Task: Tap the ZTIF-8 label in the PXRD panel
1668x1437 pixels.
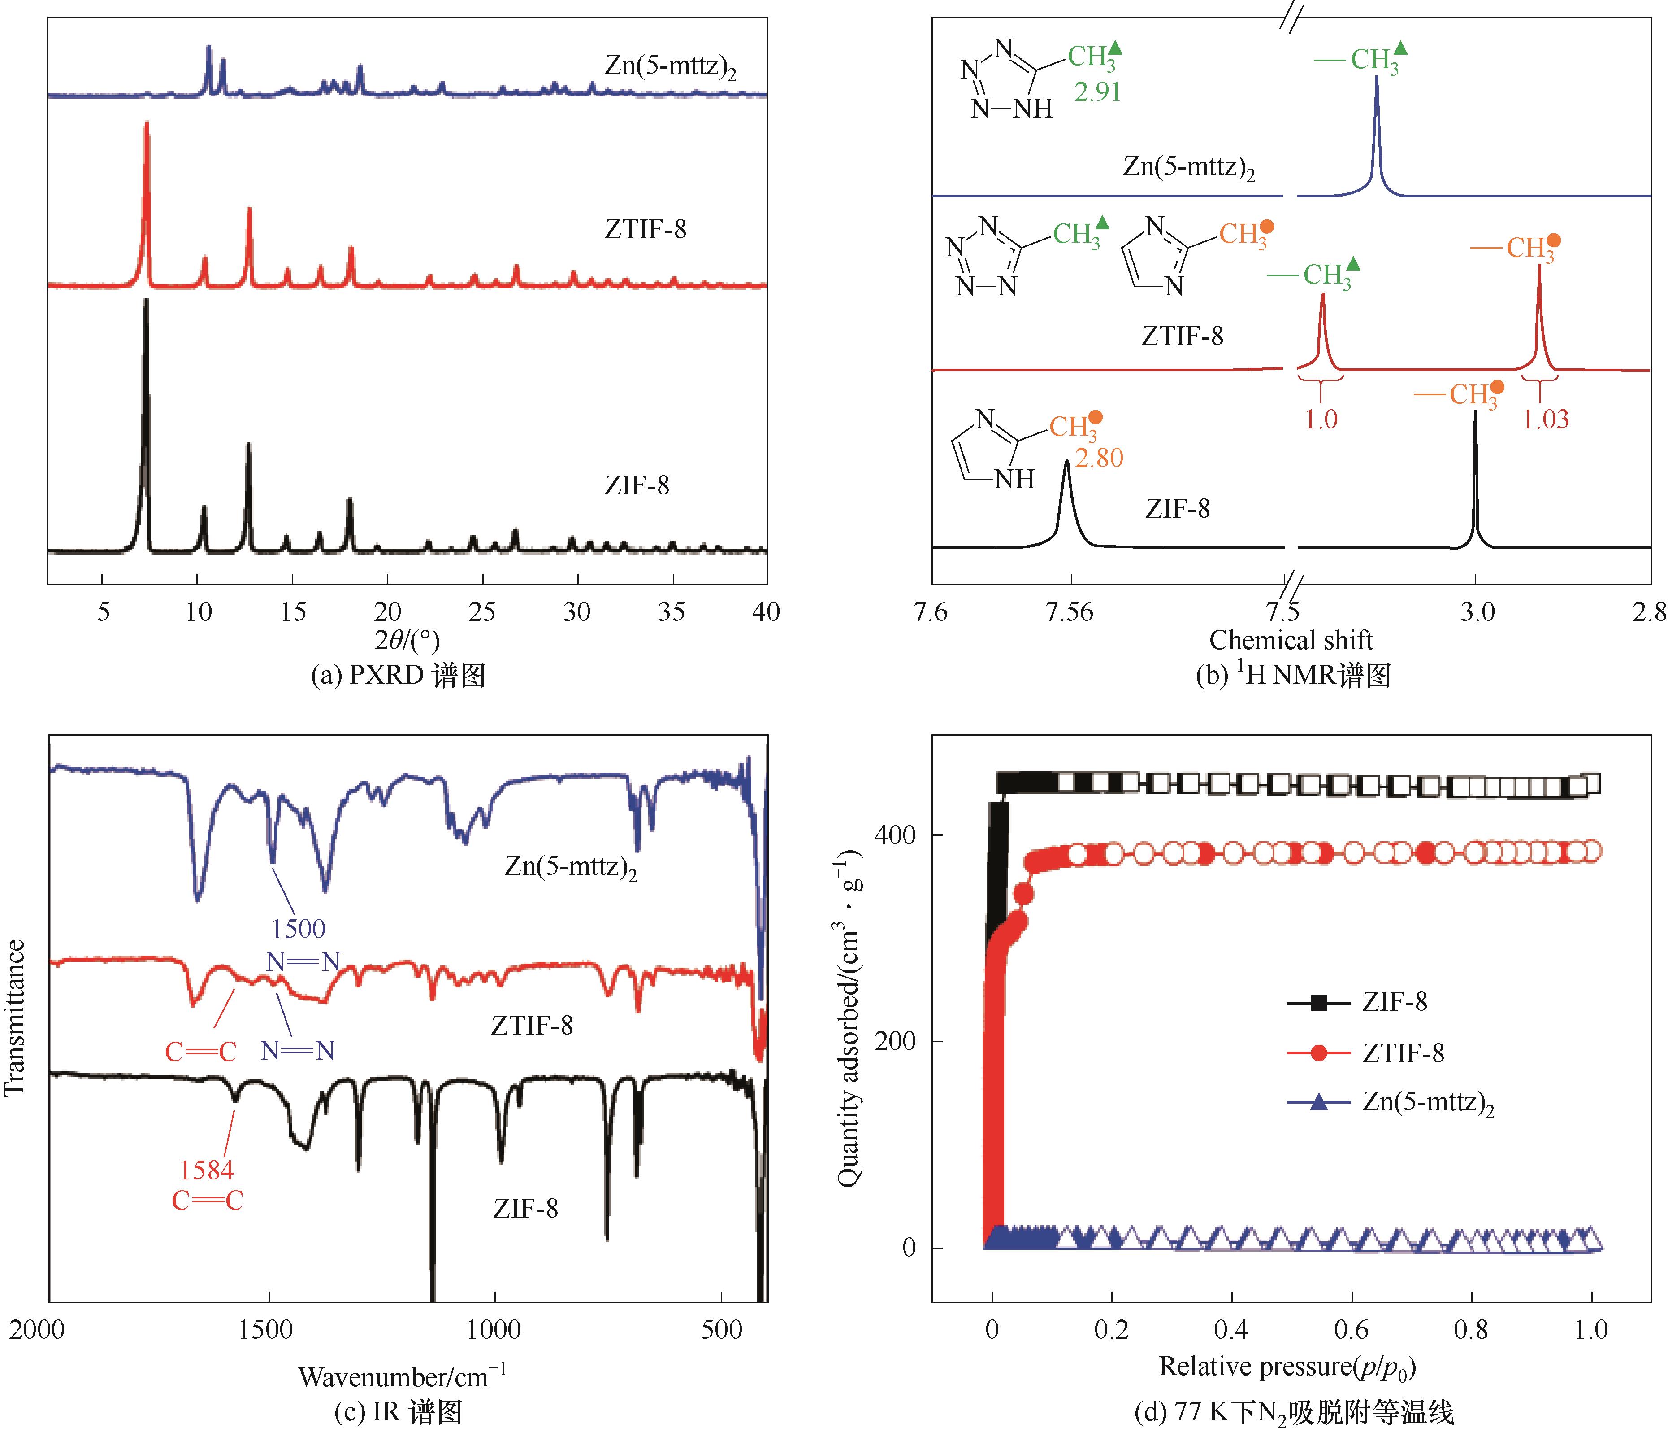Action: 645,230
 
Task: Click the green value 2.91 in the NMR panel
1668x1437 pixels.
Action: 1097,92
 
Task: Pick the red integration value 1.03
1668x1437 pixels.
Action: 1545,419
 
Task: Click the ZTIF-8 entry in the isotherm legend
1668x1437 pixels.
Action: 1402,1053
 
